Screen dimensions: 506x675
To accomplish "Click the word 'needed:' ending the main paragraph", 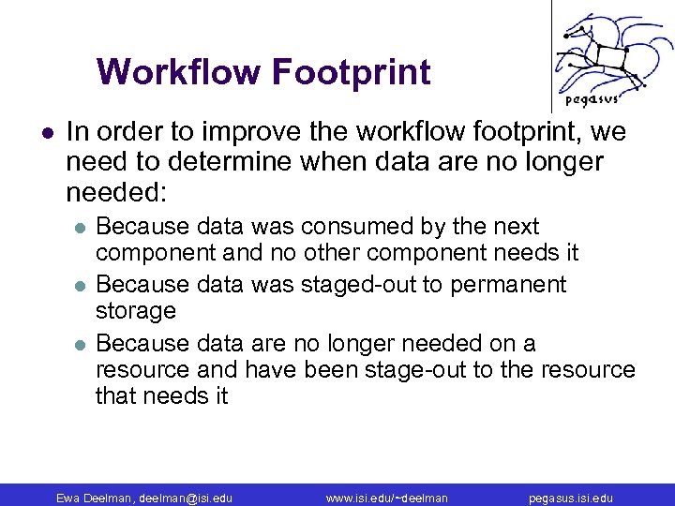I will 116,193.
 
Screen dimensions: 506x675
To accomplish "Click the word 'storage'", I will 136,310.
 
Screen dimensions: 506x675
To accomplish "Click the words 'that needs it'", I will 161,395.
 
